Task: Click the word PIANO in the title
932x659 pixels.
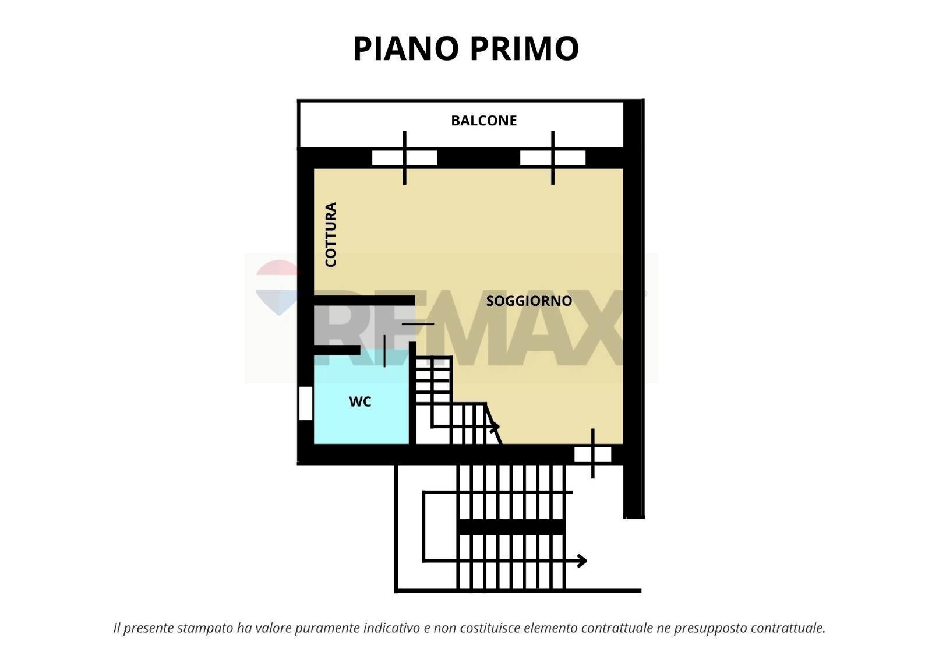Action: point(406,48)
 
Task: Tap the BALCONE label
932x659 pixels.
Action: point(483,121)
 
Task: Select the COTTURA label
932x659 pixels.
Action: point(330,234)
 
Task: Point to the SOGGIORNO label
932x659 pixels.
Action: point(529,301)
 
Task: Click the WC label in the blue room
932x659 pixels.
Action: point(359,402)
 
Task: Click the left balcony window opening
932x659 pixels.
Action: point(404,158)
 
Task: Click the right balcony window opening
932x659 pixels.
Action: point(552,158)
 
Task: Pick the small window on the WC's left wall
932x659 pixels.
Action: point(305,403)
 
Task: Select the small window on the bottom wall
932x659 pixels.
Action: point(592,454)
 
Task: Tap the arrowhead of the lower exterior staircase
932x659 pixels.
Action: point(582,561)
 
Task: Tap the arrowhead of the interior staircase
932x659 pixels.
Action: point(496,428)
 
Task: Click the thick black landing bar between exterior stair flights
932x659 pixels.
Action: point(511,527)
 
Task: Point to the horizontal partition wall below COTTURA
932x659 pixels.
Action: point(364,301)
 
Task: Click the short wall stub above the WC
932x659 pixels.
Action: point(337,350)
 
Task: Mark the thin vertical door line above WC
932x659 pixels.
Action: point(384,351)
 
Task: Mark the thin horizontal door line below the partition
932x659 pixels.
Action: point(418,324)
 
